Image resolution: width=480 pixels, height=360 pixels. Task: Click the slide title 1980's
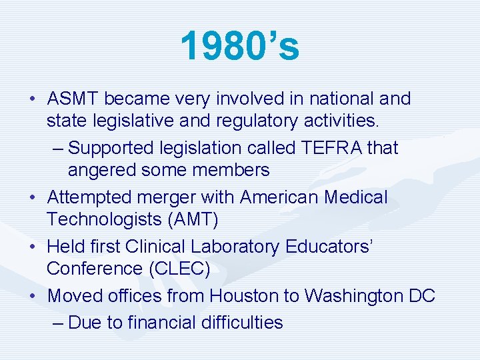click(x=239, y=46)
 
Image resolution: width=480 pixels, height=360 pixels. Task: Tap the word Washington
click(x=347, y=295)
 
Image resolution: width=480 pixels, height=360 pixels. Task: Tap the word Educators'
click(x=329, y=247)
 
